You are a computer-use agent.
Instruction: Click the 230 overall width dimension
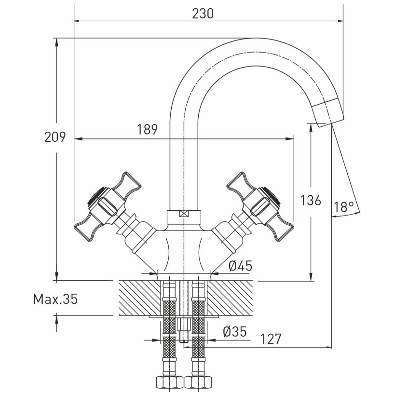[203, 14]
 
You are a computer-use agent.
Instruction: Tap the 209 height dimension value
[55, 137]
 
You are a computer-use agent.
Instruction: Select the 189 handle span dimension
[148, 129]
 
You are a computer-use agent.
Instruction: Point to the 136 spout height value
[311, 201]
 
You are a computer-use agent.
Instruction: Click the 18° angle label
[344, 207]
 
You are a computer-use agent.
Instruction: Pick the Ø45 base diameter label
[240, 266]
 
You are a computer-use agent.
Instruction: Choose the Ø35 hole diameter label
[234, 331]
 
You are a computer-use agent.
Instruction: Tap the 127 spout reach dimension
[271, 339]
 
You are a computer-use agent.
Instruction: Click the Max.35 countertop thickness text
[55, 300]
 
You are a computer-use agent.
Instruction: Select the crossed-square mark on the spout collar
[184, 214]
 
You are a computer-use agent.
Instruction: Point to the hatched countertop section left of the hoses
[140, 298]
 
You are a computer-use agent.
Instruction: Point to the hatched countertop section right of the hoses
[230, 298]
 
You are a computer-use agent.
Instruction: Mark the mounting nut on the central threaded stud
[184, 325]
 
